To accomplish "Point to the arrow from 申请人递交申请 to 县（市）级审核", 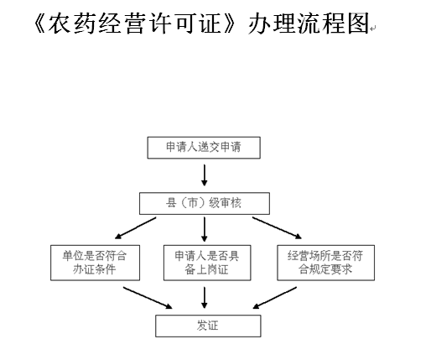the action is pos(205,175).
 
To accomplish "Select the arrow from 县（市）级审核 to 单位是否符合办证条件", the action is pos(136,228).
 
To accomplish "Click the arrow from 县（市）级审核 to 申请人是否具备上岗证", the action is pos(205,229).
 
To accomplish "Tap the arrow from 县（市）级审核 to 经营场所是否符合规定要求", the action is pos(277,228).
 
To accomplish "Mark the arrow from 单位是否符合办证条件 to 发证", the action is pos(148,298).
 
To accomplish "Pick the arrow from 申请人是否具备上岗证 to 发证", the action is pos(205,298).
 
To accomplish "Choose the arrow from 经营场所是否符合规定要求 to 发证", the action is pos(275,298).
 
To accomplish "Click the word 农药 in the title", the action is pos(72,23).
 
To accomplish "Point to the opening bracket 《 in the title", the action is pos(39,23).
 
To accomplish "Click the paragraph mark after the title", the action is pos(373,28).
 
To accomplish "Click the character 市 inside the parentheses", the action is pos(193,203).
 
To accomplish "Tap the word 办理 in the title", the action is pos(272,23).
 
